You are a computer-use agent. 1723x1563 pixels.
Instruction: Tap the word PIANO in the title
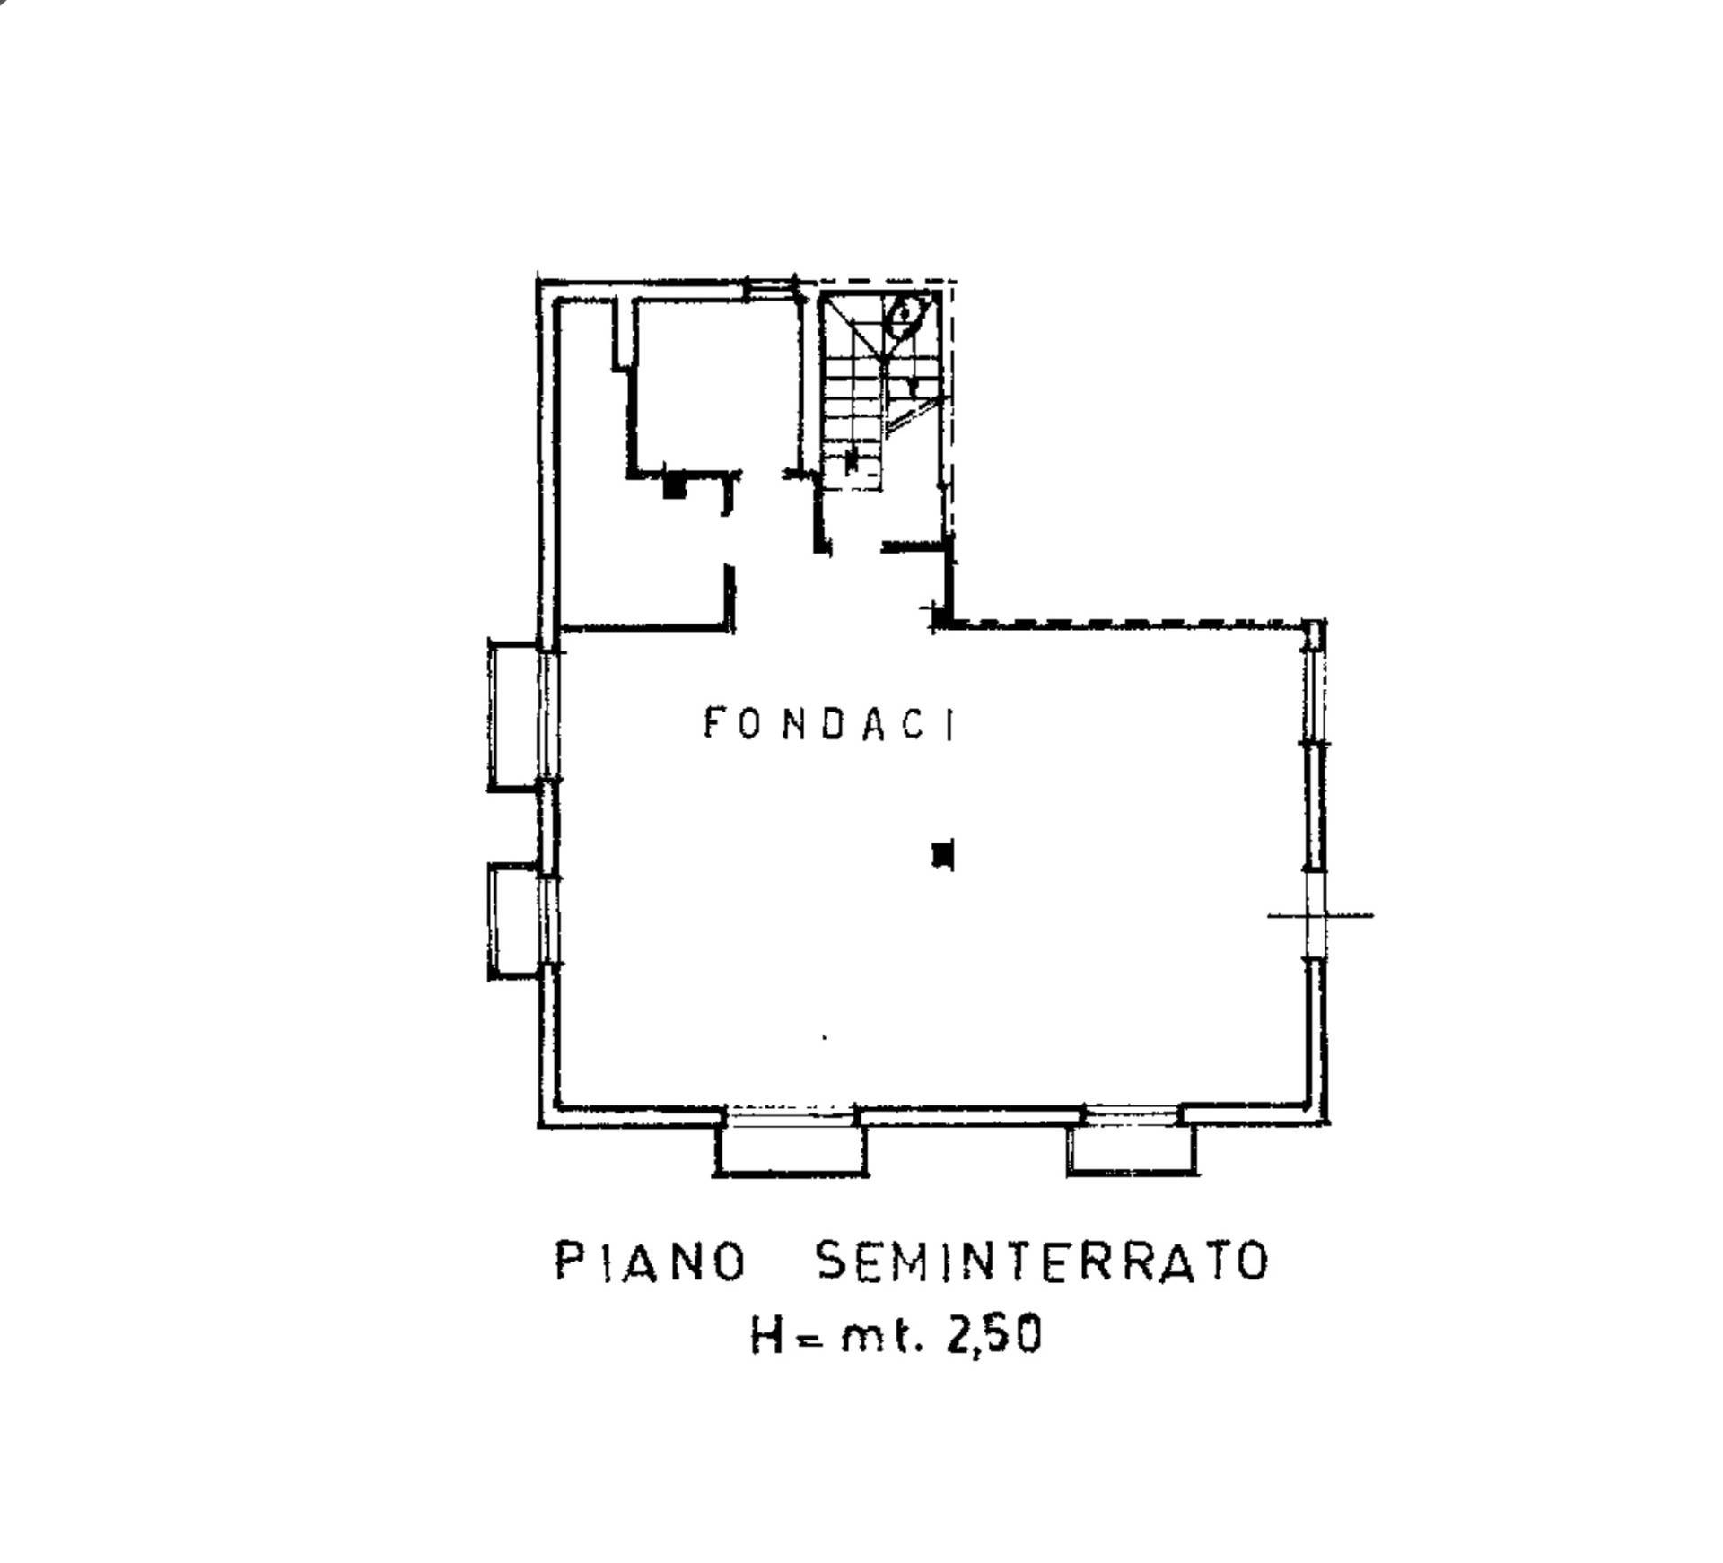tap(651, 1262)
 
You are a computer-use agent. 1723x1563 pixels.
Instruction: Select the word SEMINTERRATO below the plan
tap(1042, 1262)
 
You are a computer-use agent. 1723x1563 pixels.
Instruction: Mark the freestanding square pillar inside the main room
tap(942, 854)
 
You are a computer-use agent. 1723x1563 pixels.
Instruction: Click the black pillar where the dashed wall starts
tap(941, 617)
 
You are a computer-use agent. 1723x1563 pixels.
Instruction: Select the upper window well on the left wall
tap(515, 715)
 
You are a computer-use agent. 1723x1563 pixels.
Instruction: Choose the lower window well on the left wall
tap(515, 921)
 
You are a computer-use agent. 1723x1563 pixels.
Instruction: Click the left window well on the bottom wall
tap(790, 1148)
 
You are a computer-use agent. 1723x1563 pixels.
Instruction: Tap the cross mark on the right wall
tap(1316, 915)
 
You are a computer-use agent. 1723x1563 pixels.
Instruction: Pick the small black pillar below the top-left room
tap(674, 486)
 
